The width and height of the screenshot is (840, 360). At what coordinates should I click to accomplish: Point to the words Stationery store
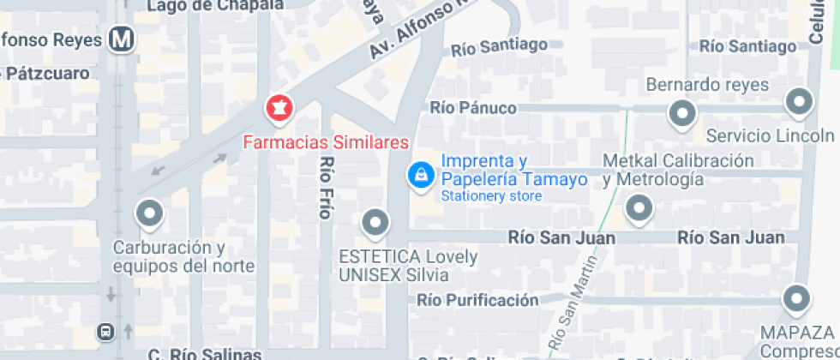click(x=491, y=196)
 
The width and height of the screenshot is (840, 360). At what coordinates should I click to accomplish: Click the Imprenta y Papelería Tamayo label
click(x=513, y=170)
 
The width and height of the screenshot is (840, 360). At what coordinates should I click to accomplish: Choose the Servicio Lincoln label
click(x=769, y=135)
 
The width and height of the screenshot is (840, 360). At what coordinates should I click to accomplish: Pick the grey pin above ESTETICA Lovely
click(x=375, y=224)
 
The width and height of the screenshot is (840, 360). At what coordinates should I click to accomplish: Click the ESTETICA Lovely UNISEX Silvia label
click(x=407, y=266)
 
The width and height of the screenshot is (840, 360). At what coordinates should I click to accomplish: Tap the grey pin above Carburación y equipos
click(x=150, y=213)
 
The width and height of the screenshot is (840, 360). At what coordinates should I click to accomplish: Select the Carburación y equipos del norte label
click(x=183, y=257)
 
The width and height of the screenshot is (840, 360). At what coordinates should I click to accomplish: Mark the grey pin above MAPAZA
click(x=797, y=299)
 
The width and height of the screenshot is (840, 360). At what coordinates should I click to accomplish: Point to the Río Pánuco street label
click(x=473, y=107)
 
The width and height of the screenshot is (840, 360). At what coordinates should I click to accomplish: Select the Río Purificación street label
click(x=477, y=300)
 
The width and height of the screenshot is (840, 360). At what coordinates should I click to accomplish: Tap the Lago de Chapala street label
click(x=215, y=5)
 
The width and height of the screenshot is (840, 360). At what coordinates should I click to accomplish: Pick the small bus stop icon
click(x=105, y=331)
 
